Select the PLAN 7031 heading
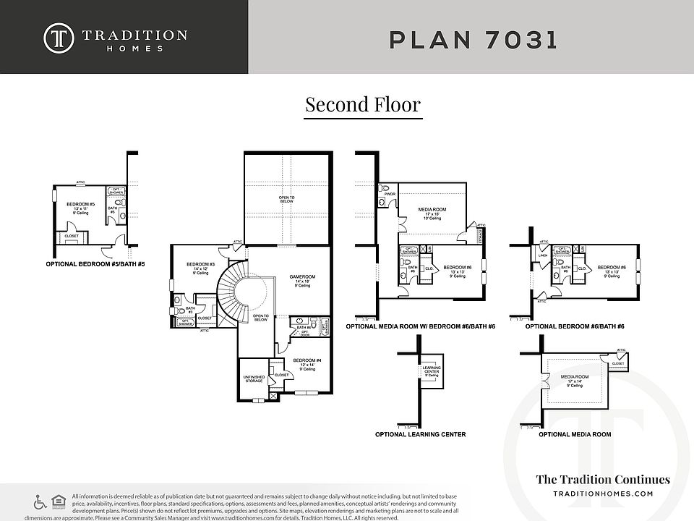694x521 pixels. point(474,39)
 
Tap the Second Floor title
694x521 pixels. point(362,104)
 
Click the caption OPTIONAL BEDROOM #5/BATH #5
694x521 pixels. point(95,265)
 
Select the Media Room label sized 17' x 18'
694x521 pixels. point(429,210)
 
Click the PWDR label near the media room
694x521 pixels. point(389,194)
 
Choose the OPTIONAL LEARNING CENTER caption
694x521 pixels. point(420,435)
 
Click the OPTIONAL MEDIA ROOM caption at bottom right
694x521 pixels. point(575,435)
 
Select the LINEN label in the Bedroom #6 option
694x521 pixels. point(544,255)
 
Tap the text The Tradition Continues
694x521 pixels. point(602,479)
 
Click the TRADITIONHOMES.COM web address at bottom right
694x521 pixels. point(602,494)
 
